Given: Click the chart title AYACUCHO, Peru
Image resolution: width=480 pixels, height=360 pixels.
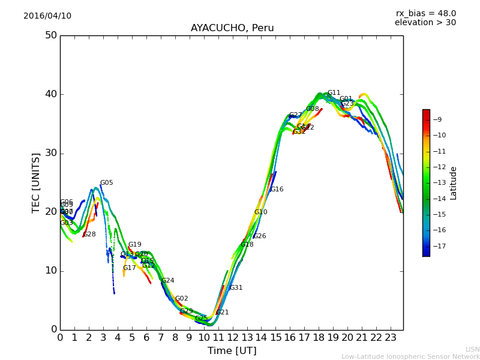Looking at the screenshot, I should [232, 28].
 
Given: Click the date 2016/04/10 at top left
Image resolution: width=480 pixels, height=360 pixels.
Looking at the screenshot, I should [47, 16].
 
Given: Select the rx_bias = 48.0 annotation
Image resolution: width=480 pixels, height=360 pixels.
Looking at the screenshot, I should [426, 14].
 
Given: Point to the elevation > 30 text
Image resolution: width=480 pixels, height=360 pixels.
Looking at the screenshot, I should [425, 23].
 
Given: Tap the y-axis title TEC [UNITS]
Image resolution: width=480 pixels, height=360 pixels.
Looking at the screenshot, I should [36, 182].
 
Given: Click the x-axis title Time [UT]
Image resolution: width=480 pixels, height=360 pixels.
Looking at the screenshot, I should [232, 351].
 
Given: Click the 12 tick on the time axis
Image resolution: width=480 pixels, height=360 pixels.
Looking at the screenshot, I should [232, 337].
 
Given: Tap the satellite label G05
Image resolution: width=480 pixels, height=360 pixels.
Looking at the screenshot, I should [106, 183].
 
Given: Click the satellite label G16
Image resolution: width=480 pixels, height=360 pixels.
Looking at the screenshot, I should [277, 190].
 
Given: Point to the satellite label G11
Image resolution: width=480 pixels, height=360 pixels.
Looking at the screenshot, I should [334, 93].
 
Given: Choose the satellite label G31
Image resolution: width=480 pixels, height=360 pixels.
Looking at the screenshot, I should [236, 288].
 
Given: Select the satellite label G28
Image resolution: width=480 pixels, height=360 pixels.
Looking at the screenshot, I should [89, 235].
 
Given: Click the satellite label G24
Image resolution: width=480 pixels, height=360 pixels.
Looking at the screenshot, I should [167, 281].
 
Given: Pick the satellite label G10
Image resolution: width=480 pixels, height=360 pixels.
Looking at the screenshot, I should [260, 212].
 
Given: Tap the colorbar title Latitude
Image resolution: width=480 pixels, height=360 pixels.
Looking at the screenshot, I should [454, 183].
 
